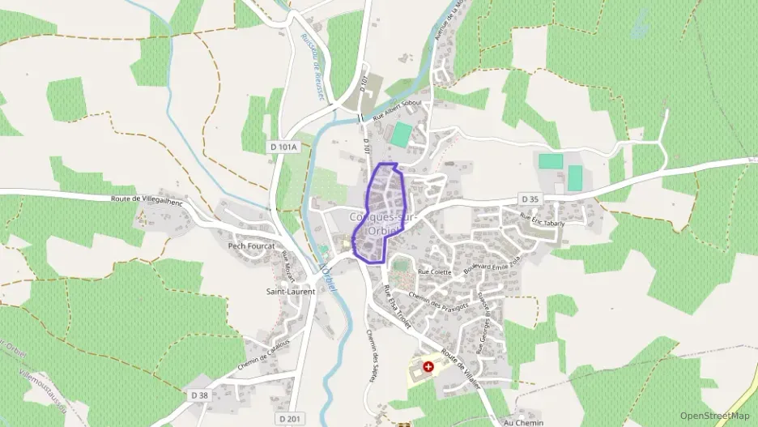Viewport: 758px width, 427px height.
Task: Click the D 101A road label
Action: coord(283,147)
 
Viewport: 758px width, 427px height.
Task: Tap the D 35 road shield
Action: coord(530,199)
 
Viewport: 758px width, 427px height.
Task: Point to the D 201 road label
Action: coord(289,418)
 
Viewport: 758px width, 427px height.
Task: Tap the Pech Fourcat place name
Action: coord(251,246)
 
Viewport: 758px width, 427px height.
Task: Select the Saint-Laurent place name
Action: coord(291,291)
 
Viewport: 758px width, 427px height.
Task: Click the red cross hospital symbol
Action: coord(428,366)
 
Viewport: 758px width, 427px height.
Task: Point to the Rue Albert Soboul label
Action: coord(403,112)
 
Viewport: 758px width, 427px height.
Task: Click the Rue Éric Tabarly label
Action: coord(542,220)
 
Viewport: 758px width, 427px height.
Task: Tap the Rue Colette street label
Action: coord(434,271)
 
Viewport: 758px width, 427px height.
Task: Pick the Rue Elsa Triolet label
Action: coord(398,307)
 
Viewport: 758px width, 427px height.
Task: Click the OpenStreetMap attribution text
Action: coord(715,416)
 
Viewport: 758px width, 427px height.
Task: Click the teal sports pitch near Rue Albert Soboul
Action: coord(400,134)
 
